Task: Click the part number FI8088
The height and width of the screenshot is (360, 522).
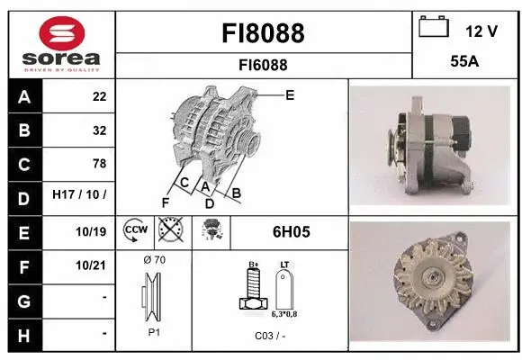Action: tap(263, 33)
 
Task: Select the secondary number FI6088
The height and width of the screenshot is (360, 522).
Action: tap(263, 65)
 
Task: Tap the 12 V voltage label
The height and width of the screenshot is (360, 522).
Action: tap(481, 31)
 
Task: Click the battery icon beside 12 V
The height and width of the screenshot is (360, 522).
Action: tap(434, 28)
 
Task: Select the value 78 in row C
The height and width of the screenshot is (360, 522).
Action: tap(99, 164)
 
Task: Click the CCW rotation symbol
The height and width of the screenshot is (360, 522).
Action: tap(134, 230)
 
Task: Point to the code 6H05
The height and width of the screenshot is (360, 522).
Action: tap(291, 231)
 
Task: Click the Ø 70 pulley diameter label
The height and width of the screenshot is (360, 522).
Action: tap(154, 260)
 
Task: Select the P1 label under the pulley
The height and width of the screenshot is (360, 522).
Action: tap(154, 331)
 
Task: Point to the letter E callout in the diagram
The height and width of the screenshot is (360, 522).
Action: tap(290, 94)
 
